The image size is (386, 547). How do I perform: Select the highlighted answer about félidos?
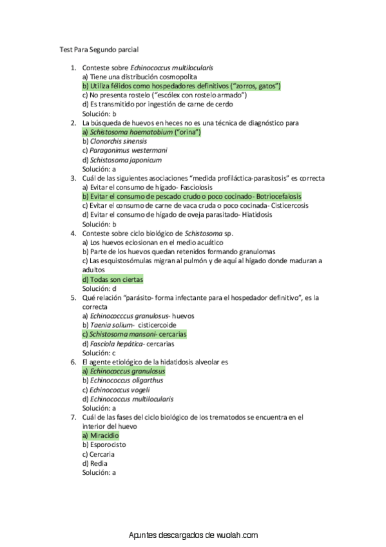[x=181, y=86]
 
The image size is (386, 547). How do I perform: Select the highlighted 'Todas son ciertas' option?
[x=113, y=280]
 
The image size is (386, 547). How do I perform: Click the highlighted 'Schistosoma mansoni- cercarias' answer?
[x=134, y=335]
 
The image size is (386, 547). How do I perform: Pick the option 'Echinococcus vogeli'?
[x=116, y=390]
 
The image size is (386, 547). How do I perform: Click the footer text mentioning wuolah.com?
[x=193, y=536]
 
